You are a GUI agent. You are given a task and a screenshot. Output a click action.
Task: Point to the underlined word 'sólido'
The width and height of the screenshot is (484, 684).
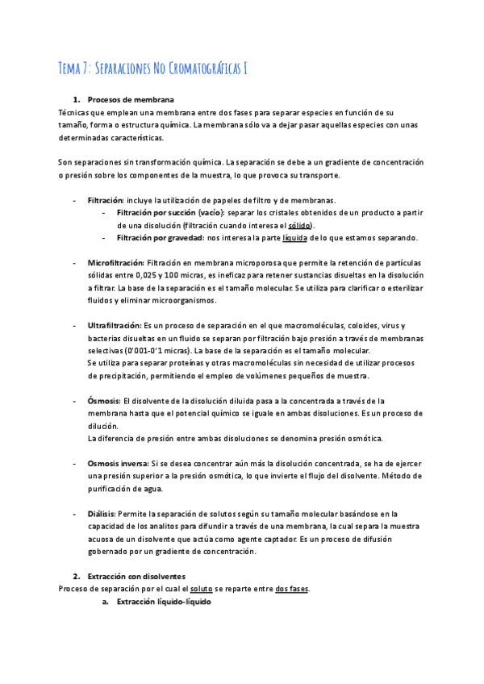coord(300,225)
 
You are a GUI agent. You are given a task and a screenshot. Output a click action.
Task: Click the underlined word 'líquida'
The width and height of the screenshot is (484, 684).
coord(296,238)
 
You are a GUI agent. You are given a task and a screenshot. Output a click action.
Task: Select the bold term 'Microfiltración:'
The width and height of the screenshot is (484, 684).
coord(115,263)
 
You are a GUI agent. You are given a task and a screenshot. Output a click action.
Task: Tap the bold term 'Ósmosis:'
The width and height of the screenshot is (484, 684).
coord(103,400)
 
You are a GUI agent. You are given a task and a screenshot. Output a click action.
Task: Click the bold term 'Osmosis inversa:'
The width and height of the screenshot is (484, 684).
coord(118,463)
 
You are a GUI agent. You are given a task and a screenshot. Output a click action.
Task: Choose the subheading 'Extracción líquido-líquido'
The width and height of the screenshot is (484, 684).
coord(164,602)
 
